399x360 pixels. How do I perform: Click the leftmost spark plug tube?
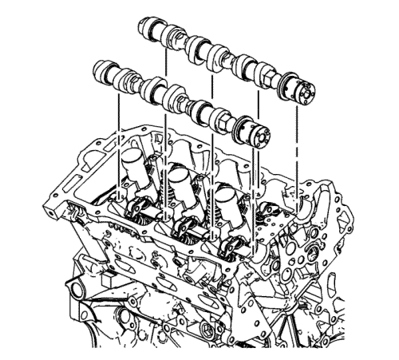click(132, 169)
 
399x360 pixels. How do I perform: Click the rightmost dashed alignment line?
click(297, 152)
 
